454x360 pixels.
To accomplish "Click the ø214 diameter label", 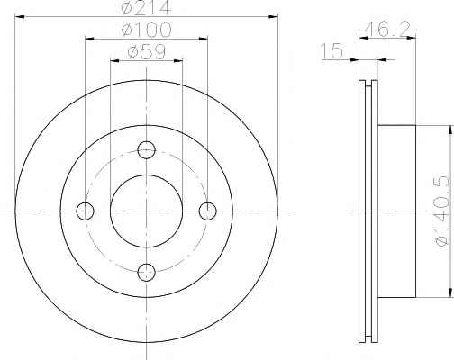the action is pos(146,7).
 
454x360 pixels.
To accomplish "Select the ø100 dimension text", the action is pos(146,30).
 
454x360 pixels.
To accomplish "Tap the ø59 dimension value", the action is pos(146,51).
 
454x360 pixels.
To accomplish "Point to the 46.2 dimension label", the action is pos(387,29).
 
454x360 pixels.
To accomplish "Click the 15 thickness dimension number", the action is pos(331,50).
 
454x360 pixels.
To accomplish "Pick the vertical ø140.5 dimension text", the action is pos(442,211).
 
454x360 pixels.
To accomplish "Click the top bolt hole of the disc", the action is pos(146,149).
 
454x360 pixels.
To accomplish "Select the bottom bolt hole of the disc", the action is pos(146,272).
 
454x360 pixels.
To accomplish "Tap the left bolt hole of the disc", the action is pos(85,211).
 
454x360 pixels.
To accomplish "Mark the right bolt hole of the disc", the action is pos(207,211).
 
